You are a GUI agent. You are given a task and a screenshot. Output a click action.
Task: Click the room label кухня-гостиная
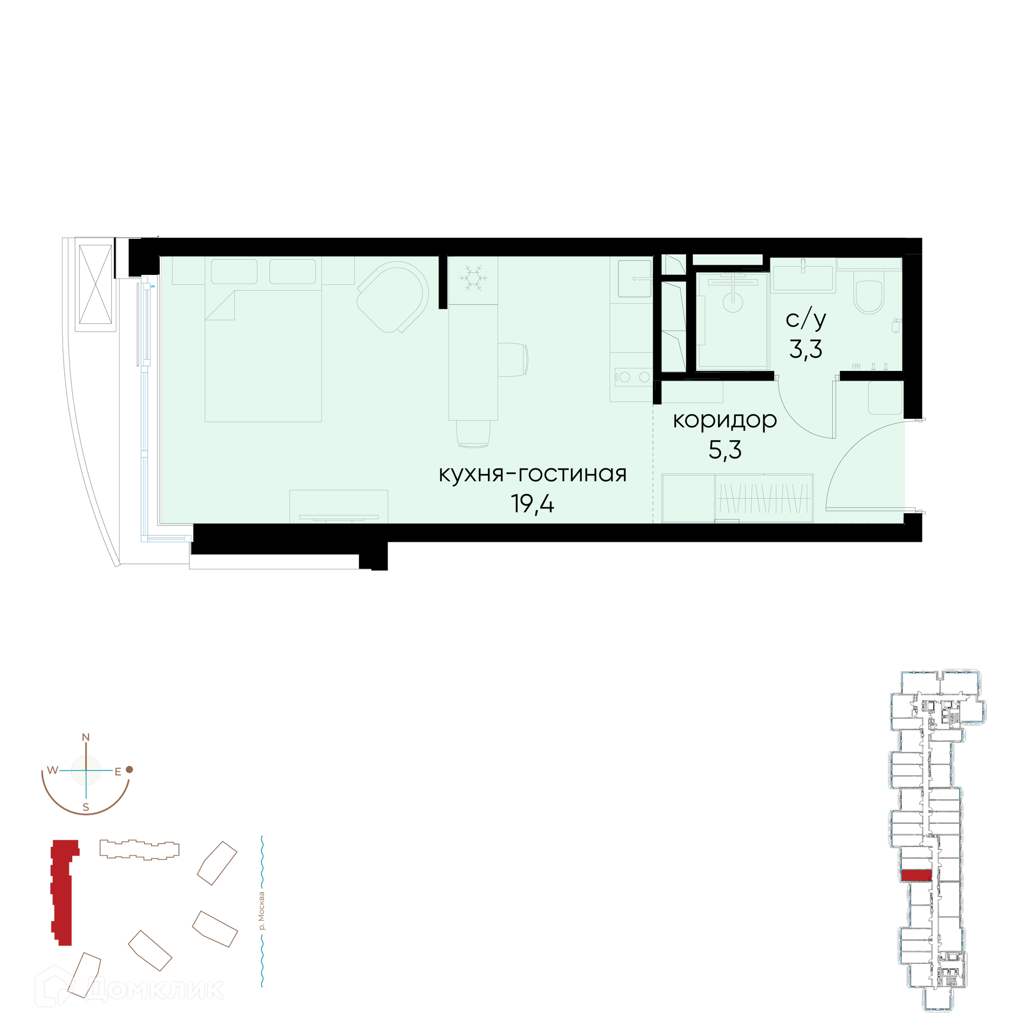[x=533, y=474]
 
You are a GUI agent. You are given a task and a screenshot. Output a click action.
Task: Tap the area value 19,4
[x=533, y=504]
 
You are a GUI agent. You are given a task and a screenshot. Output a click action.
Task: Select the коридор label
[x=724, y=420]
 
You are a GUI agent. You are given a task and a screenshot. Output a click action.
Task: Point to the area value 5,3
[x=725, y=450]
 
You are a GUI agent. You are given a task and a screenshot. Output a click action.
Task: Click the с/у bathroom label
[x=806, y=319]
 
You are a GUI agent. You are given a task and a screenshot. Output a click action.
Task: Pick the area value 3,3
[x=806, y=349]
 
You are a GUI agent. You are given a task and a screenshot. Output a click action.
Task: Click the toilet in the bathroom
[x=869, y=292]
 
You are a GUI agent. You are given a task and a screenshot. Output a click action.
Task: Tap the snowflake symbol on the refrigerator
[x=473, y=278]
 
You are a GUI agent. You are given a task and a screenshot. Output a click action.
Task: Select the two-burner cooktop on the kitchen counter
[x=634, y=377]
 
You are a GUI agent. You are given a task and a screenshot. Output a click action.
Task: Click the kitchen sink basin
[x=634, y=278]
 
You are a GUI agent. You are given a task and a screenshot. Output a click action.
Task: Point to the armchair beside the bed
[x=393, y=297]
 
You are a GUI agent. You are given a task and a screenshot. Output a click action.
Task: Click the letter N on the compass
[x=86, y=737]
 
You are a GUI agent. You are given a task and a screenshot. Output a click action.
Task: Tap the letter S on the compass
[x=86, y=808]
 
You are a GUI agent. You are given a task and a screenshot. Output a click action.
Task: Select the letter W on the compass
[x=52, y=770]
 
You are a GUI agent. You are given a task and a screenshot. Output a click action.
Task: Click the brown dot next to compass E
[x=129, y=769]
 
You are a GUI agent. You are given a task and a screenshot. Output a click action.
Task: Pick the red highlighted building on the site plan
[x=63, y=893]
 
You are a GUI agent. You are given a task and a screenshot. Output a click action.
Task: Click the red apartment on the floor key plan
[x=916, y=875]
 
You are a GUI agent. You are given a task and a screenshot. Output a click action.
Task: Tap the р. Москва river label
[x=262, y=911]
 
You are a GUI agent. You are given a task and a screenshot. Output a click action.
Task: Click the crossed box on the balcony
[x=95, y=284]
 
